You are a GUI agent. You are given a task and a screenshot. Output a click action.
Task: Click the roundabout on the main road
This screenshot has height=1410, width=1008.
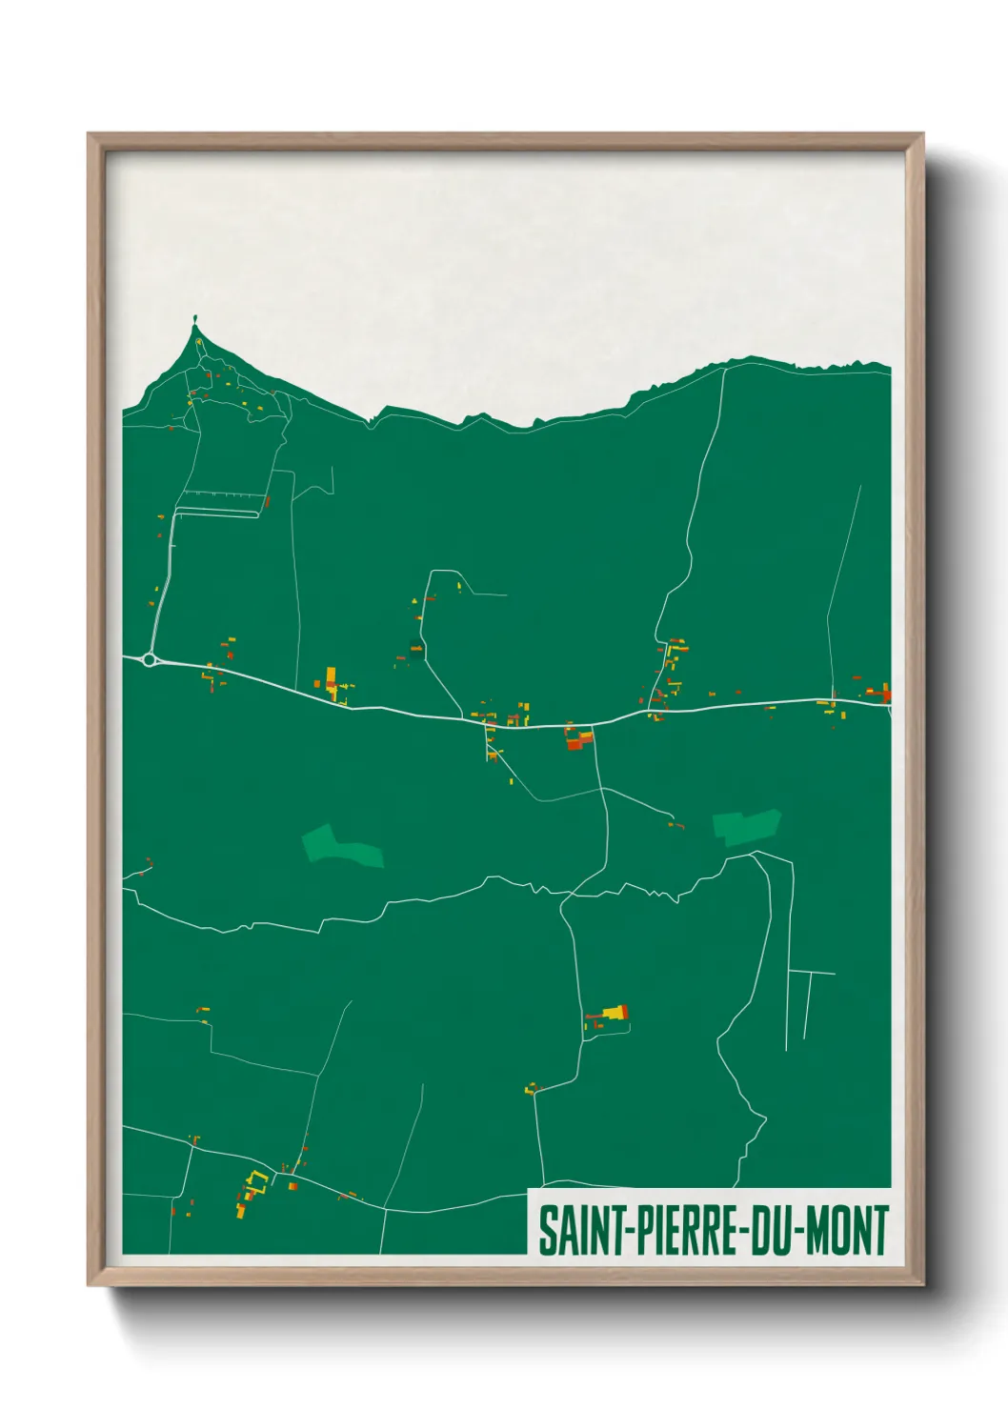point(149,659)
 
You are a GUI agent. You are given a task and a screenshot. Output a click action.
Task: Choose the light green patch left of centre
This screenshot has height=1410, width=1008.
point(342,846)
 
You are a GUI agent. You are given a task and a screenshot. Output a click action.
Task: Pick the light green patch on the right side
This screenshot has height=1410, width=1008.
point(747,826)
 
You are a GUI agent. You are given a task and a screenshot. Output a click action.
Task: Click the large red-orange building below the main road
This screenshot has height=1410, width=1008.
point(575,738)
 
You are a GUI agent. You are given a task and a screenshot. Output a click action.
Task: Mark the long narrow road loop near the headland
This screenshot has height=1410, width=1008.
point(217,513)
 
